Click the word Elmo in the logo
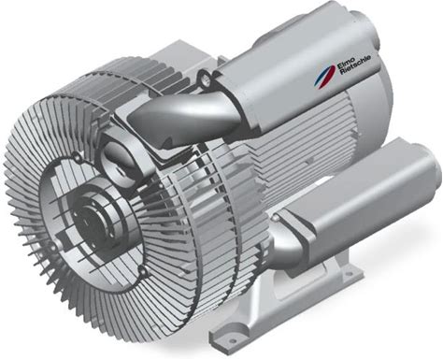(342, 63)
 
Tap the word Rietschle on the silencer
(356, 65)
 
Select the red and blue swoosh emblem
(324, 77)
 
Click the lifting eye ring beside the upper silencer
(204, 77)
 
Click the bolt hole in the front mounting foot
(231, 338)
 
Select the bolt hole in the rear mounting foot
(351, 274)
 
